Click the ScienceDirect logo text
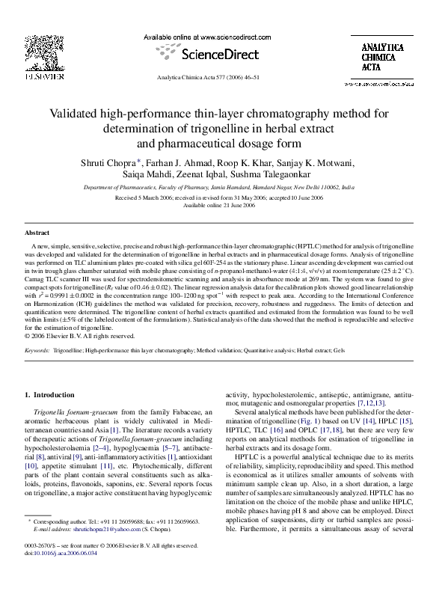221,55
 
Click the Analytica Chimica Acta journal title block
380,58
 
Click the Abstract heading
37,233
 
